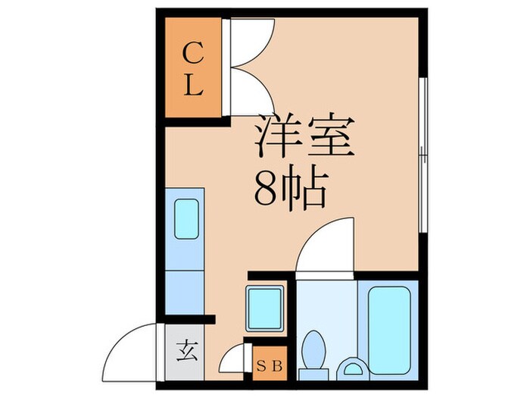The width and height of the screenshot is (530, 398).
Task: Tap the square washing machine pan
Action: point(265,309)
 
